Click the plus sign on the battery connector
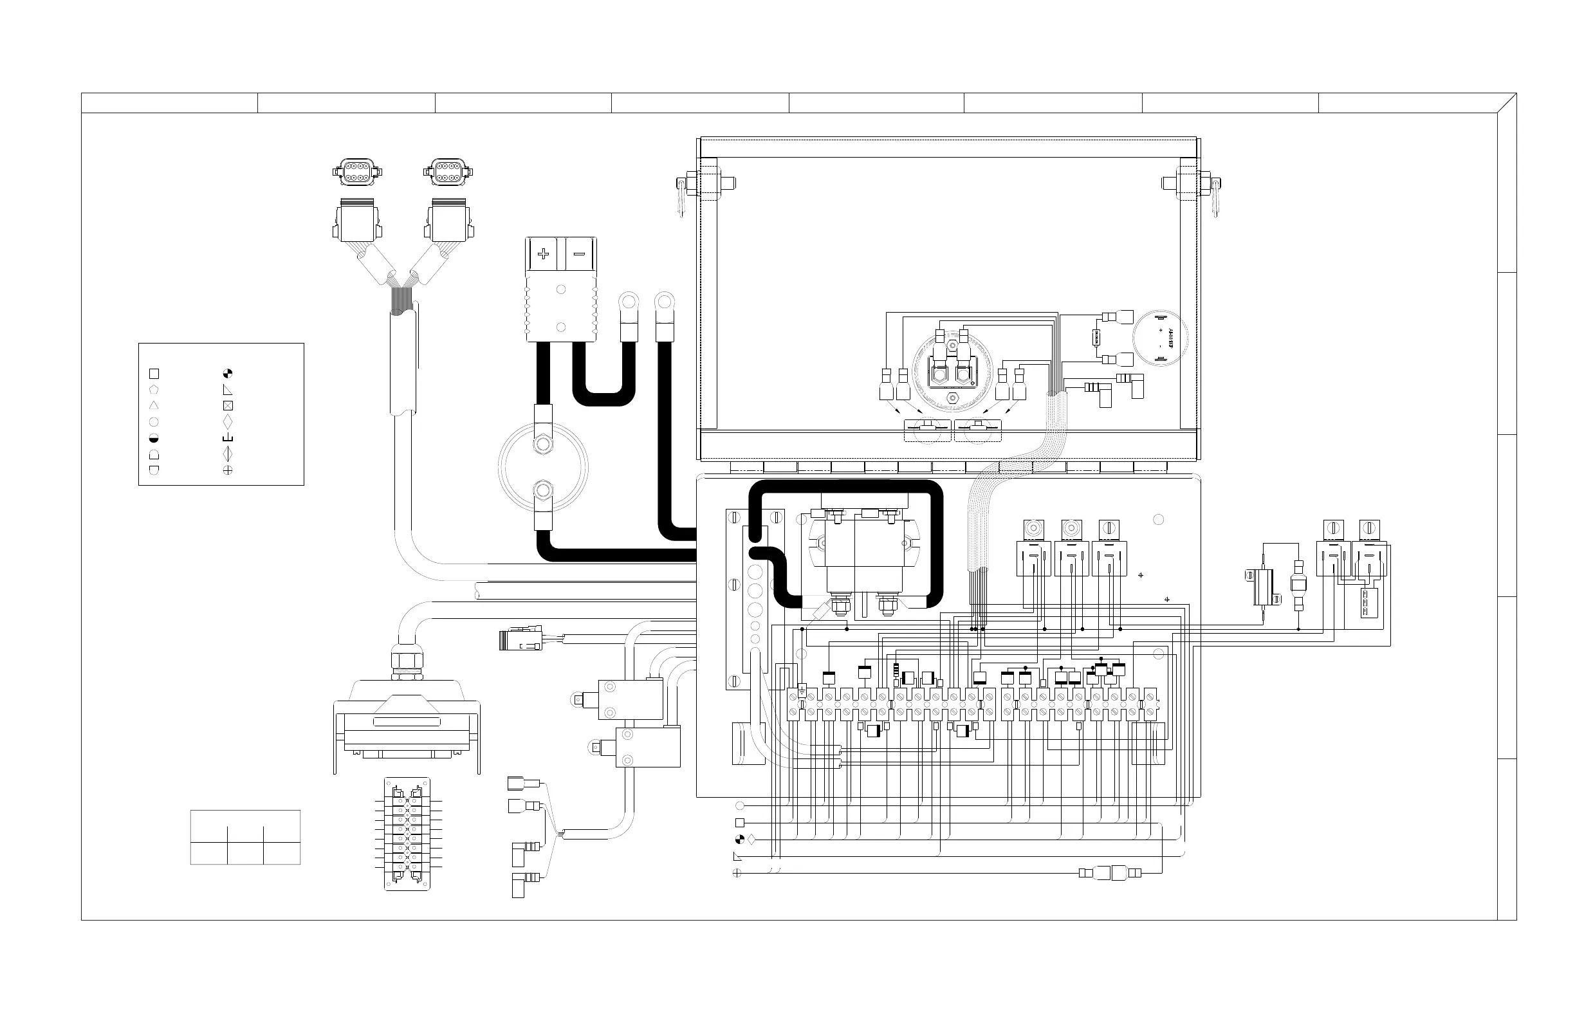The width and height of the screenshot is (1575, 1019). point(543,254)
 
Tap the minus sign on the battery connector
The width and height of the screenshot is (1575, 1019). point(579,254)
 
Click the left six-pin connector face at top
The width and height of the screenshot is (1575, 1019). point(357,172)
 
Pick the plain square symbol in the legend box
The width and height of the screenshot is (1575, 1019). point(154,374)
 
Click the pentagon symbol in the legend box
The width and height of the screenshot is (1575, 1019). point(154,390)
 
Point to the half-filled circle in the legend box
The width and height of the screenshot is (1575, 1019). point(154,438)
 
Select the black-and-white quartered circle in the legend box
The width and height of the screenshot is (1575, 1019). point(228,373)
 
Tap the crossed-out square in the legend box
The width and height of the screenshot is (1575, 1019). point(228,406)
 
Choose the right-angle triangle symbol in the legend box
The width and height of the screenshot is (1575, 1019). point(228,390)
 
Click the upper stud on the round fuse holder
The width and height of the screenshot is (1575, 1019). point(542,443)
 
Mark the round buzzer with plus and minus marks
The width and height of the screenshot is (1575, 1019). point(1159,338)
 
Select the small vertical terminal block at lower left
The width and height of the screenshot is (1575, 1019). point(407,834)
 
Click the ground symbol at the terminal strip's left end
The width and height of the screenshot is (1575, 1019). point(802,692)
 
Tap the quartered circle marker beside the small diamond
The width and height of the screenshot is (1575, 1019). point(740,840)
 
